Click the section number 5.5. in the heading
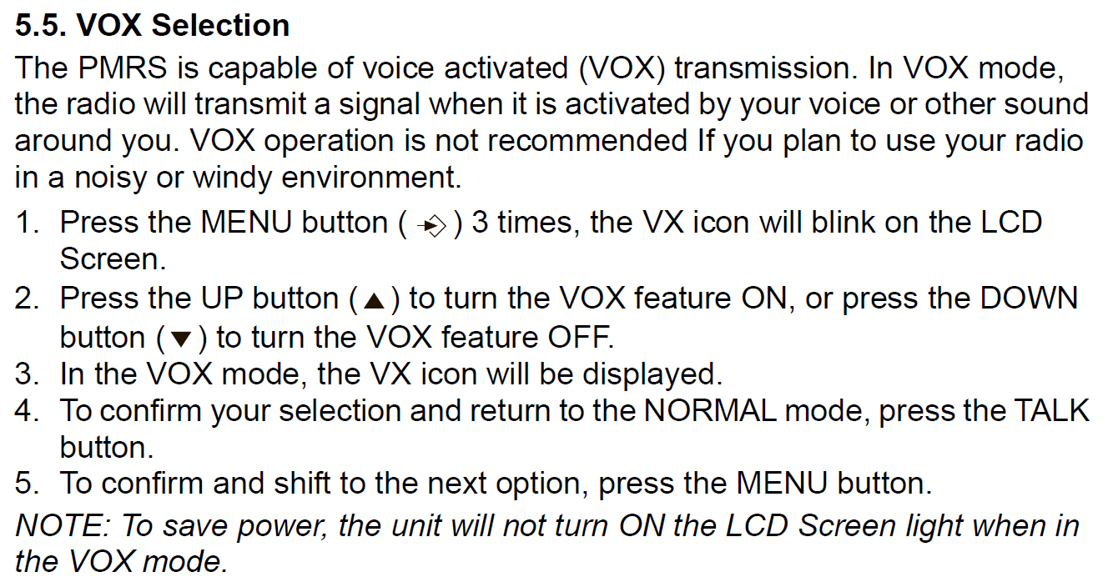pyautogui.click(x=41, y=25)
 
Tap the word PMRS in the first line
pyautogui.click(x=123, y=68)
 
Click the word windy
pyautogui.click(x=232, y=178)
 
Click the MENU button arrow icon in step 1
pyautogui.click(x=431, y=225)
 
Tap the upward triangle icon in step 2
pyautogui.click(x=374, y=301)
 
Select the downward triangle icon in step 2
pyautogui.click(x=180, y=339)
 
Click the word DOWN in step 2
pyautogui.click(x=1029, y=299)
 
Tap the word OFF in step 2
pyautogui.click(x=580, y=337)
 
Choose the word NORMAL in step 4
pyautogui.click(x=710, y=410)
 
